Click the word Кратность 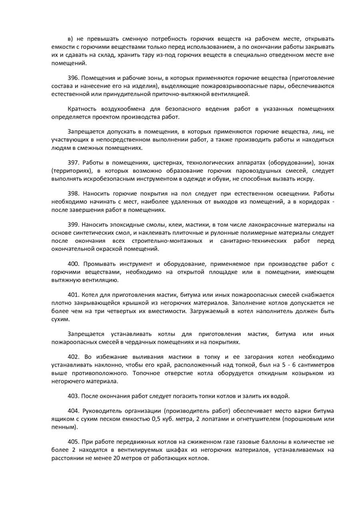82,109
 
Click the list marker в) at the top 71,39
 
